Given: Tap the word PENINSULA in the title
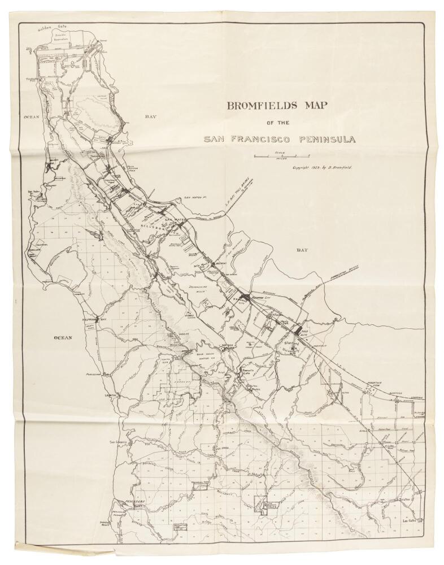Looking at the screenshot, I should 323,139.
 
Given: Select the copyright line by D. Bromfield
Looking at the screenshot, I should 322,168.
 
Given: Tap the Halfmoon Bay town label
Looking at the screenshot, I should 94,319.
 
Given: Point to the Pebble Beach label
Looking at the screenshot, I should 116,523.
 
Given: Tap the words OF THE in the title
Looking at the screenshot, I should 278,122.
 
